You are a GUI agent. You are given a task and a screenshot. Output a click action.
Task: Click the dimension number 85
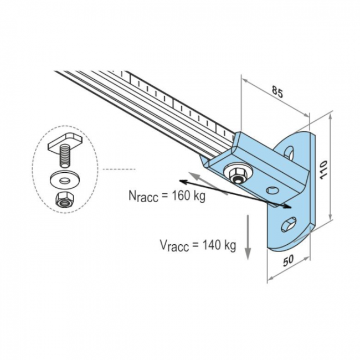point(277,91)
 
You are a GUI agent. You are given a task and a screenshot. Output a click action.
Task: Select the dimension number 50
point(288,261)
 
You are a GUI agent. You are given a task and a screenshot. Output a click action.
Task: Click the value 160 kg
point(189,196)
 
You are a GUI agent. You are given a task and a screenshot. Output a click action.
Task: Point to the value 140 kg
point(219,245)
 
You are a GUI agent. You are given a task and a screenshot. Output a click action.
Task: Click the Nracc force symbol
point(143,196)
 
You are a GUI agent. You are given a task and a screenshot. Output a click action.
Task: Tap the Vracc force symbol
point(174,246)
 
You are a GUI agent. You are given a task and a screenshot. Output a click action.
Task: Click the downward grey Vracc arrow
point(248,237)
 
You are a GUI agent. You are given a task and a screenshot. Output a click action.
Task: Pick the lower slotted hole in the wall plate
point(289,224)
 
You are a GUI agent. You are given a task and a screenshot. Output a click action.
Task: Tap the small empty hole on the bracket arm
point(272,190)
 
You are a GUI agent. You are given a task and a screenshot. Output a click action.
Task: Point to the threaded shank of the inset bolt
point(65,157)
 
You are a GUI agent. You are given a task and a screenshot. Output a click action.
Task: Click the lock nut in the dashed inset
point(65,199)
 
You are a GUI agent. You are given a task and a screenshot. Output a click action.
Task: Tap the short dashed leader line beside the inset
point(119,169)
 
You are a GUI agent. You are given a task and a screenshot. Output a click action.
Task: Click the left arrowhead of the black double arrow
point(183,182)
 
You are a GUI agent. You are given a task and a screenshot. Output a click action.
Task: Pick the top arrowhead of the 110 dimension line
point(330,117)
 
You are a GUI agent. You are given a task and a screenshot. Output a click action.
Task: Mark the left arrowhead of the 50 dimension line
point(270,278)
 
